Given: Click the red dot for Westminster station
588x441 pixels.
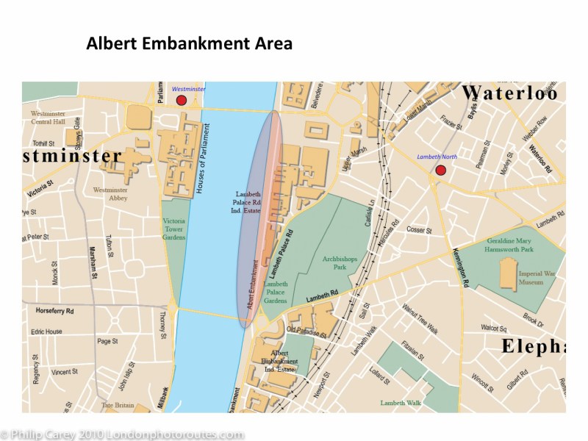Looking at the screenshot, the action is click(181, 101).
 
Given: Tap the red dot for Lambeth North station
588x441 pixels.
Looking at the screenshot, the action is click(440, 171).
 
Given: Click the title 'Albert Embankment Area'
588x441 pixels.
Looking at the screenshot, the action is click(189, 43).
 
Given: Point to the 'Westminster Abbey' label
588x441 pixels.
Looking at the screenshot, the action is click(110, 194).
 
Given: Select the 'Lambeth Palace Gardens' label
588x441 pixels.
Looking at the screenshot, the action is click(276, 293).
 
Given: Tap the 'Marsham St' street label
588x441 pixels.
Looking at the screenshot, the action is click(94, 263).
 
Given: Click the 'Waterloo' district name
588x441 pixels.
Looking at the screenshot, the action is click(513, 93).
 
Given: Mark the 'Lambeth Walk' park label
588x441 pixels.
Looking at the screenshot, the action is click(401, 403).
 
